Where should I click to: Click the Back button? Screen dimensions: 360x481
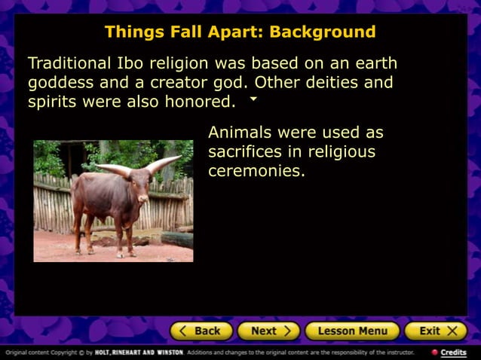tap(201, 331)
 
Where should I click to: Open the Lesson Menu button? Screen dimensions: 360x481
tap(352, 331)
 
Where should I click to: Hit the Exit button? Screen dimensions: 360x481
tap(436, 331)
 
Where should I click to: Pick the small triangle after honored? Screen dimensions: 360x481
tap(253, 99)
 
